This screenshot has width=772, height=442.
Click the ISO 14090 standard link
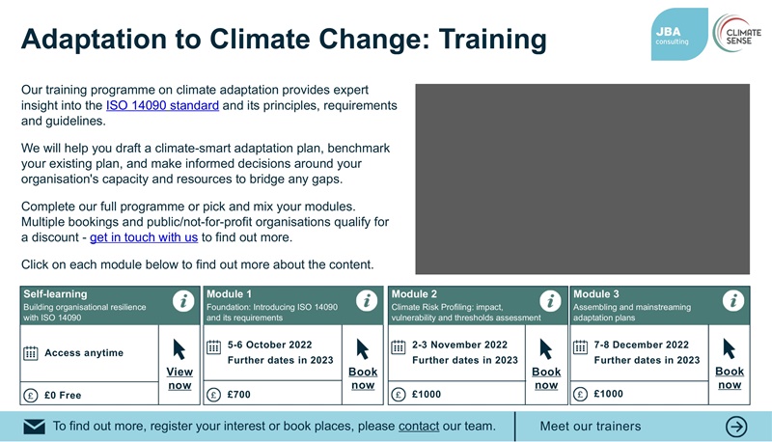161,105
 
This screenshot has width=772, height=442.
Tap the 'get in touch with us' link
144,236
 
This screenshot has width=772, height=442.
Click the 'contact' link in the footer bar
419,426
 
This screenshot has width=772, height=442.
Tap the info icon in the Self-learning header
182,301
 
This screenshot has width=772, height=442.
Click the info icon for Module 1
366,301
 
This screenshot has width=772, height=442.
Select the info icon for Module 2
550,301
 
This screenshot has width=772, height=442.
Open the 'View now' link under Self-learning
179,378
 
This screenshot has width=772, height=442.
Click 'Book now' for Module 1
363,378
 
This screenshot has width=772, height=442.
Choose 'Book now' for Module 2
546,378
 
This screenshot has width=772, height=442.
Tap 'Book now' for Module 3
730,378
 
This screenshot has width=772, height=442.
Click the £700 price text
238,394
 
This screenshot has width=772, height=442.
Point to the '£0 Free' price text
63,395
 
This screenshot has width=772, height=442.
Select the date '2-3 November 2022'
459,345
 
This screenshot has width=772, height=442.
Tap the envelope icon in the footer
34,427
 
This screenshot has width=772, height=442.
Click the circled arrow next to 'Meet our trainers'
737,427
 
